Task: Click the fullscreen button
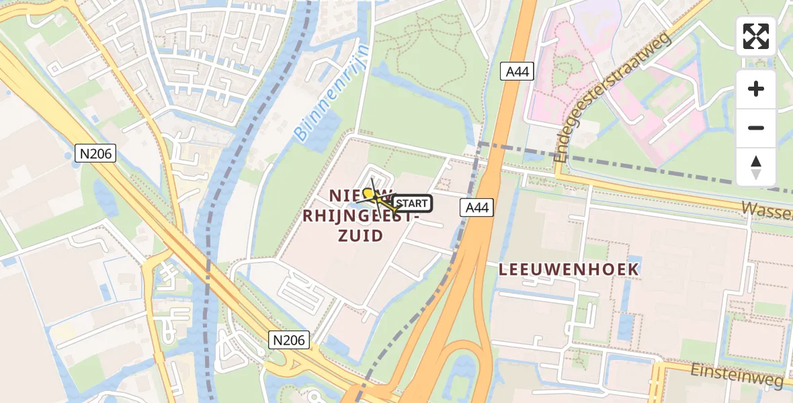point(756,36)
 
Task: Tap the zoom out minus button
point(756,128)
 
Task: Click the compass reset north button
point(756,167)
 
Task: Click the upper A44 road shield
point(517,72)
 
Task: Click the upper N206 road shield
point(96,154)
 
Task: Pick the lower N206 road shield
point(290,340)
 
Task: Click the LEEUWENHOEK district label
point(569,269)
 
